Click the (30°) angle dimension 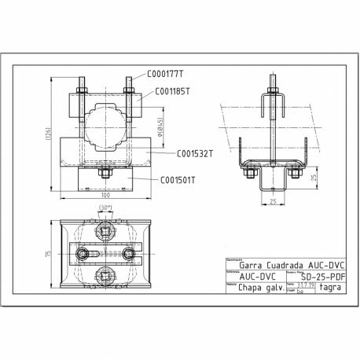click(x=105, y=208)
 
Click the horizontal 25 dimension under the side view click(x=270, y=203)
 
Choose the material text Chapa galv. click(x=252, y=288)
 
